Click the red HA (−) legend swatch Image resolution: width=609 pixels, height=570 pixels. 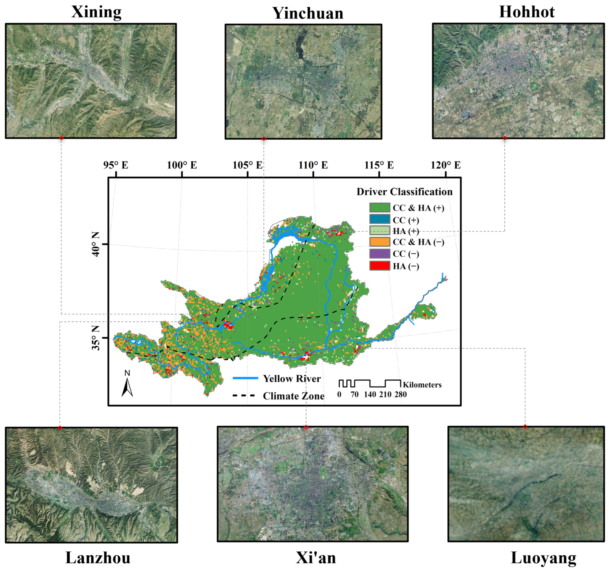pyautogui.click(x=379, y=266)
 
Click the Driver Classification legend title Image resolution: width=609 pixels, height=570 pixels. pyautogui.click(x=404, y=192)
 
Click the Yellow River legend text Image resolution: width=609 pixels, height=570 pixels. pyautogui.click(x=292, y=379)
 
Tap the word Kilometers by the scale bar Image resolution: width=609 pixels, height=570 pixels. pyautogui.click(x=422, y=385)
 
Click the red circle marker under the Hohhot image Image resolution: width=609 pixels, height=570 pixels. pyautogui.click(x=505, y=138)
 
